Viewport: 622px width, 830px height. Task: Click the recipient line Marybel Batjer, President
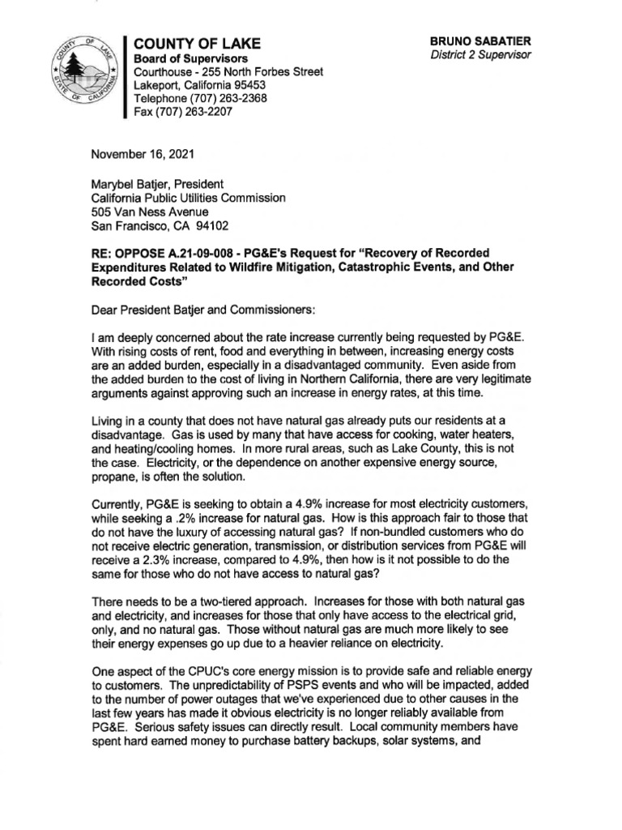(x=158, y=183)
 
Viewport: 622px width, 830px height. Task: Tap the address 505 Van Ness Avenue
(x=151, y=212)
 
